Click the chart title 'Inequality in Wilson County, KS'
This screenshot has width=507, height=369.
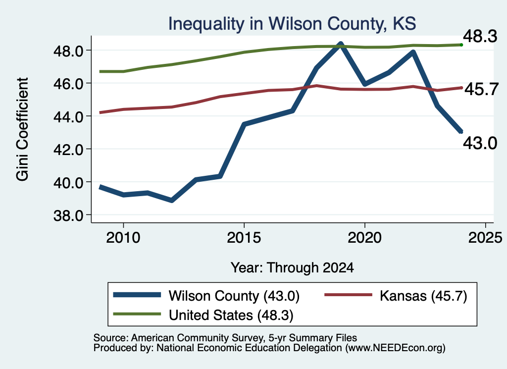pos(292,24)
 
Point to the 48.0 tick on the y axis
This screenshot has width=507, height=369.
pos(68,51)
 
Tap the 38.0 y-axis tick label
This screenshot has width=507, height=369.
pos(68,215)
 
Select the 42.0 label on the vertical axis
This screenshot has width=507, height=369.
pos(68,150)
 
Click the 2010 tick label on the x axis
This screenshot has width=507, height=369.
pos(123,238)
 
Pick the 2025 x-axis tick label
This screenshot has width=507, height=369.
pos(485,238)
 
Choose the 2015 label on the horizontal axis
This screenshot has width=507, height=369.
pos(244,238)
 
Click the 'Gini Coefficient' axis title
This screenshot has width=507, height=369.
pos(22,129)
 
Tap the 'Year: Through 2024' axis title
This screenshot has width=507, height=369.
pos(292,268)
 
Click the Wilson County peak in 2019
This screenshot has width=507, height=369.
pos(341,44)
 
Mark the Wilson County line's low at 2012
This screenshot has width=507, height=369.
pos(172,201)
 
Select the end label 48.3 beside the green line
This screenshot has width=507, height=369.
pos(480,36)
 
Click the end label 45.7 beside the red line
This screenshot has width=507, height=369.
pos(482,89)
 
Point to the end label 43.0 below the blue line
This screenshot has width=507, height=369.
pos(480,143)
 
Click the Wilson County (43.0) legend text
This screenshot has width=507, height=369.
pos(234,296)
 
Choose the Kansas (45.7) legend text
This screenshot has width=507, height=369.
pos(424,296)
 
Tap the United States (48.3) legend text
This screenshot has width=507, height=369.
pos(231,316)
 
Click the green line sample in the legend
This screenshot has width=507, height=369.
pos(137,314)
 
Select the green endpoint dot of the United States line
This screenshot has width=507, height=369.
pos(461,45)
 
